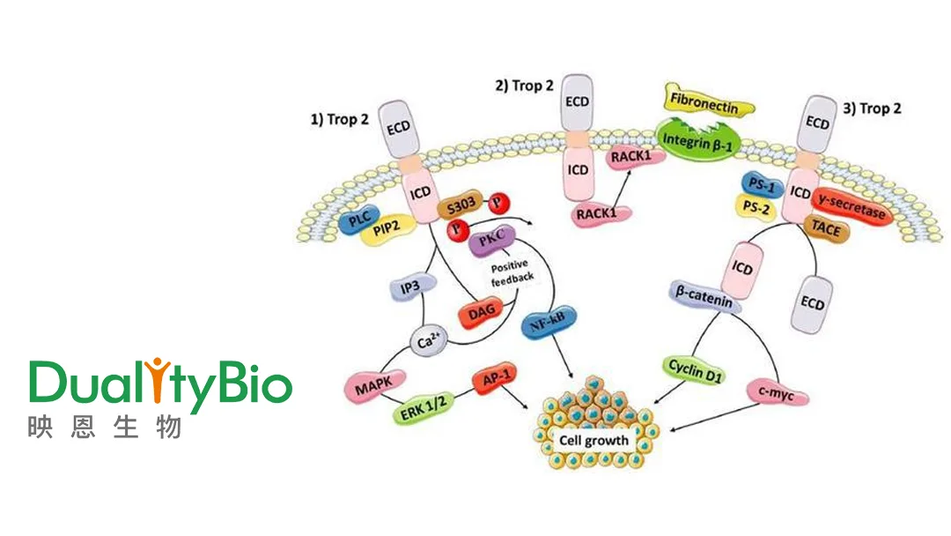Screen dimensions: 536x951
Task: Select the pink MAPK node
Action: [373, 385]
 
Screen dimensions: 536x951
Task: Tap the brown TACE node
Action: [825, 231]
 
